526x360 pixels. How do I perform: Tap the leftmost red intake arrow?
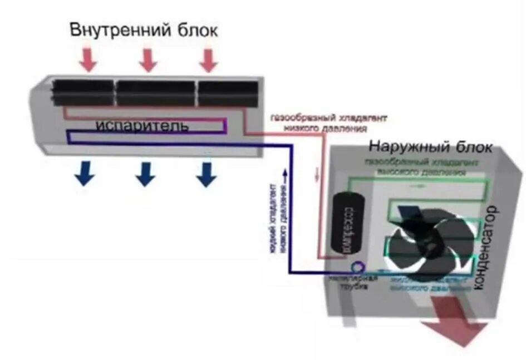(x=87, y=60)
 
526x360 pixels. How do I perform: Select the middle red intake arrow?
(x=148, y=60)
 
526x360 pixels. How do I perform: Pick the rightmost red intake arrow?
(x=208, y=60)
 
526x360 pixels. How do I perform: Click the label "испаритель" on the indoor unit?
(x=141, y=126)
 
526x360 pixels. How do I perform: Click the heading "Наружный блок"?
(x=430, y=147)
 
